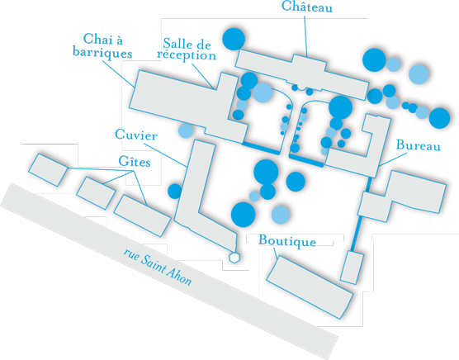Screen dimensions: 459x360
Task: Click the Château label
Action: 307,7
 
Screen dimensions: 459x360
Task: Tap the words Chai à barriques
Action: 102,46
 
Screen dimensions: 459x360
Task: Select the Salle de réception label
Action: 187,50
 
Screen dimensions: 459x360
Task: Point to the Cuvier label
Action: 136,135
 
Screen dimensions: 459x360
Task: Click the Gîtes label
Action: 135,162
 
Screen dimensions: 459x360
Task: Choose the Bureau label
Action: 419,144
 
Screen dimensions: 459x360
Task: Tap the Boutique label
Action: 287,241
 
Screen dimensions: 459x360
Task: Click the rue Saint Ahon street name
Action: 158,267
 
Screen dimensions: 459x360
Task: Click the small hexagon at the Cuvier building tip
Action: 234,258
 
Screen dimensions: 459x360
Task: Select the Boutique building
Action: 310,287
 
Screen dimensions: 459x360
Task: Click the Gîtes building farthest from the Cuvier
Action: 48,170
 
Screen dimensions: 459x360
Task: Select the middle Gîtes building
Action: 96,193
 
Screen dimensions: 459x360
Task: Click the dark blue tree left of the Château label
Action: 234,39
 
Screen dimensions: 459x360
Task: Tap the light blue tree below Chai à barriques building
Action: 186,130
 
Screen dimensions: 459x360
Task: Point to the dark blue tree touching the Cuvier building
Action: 175,191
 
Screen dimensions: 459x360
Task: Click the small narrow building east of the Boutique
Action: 353,268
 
